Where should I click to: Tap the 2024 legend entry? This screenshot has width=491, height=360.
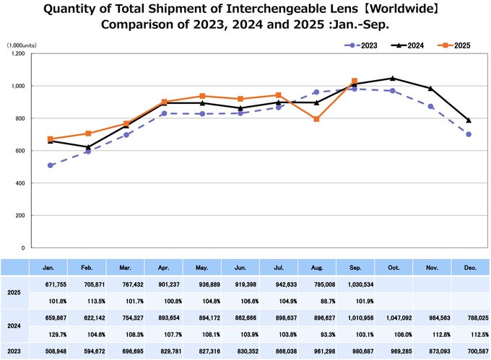(409, 45)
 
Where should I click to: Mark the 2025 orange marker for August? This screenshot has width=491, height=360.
(316, 119)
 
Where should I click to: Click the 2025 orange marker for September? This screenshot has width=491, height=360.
(354, 81)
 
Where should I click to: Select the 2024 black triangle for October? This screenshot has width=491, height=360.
(392, 78)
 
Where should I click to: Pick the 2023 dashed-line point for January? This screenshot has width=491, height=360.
(50, 165)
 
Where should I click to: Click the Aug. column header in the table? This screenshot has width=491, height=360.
(316, 267)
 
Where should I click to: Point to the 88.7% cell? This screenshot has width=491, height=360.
(316, 302)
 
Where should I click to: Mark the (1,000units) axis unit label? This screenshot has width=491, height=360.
(22, 45)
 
